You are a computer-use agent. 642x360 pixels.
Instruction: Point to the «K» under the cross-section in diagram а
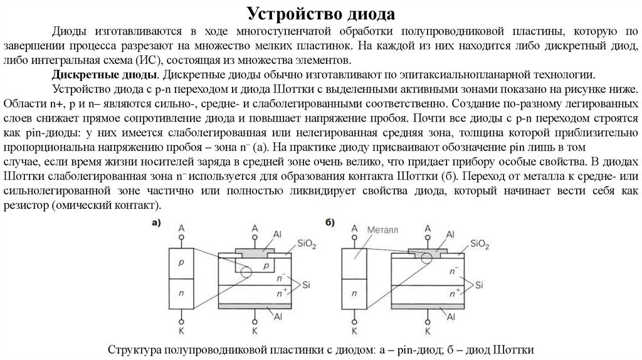[255, 329]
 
